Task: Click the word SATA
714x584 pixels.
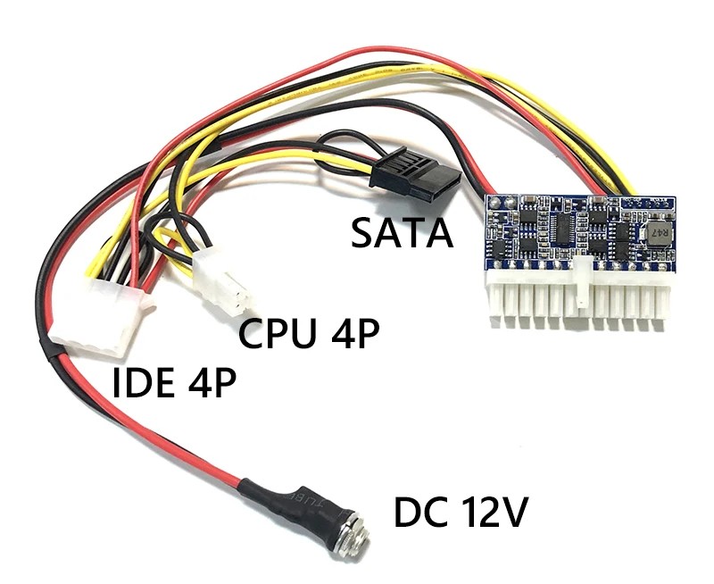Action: pyautogui.click(x=401, y=233)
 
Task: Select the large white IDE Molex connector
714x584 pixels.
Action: pyautogui.click(x=90, y=317)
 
